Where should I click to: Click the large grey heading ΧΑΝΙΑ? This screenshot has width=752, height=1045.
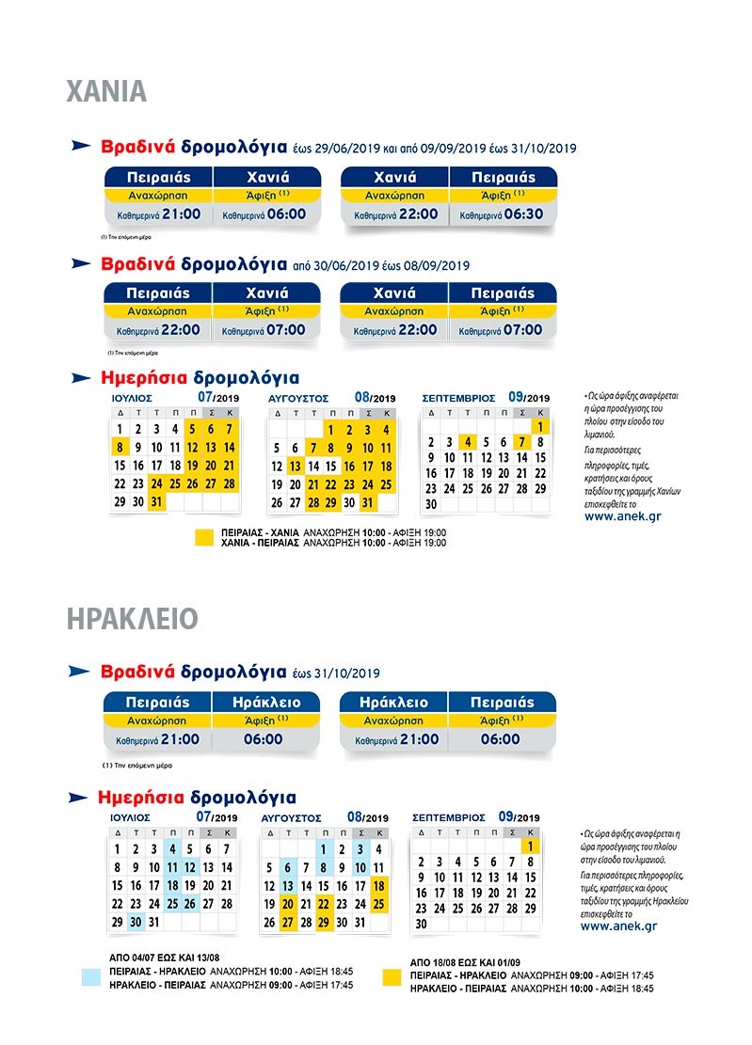106,91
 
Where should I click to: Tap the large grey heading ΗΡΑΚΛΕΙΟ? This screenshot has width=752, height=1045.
133,619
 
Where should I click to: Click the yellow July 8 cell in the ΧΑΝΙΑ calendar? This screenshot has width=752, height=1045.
120,447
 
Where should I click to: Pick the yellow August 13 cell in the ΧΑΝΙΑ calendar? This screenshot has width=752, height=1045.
295,466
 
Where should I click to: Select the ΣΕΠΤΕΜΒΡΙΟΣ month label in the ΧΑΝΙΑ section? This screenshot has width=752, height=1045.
458,399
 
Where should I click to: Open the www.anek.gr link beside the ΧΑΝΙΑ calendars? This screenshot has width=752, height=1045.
620,515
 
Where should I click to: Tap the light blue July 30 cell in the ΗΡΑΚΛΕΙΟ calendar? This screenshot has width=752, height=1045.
136,923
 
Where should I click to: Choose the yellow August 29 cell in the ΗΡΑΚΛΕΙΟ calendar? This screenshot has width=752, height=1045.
324,923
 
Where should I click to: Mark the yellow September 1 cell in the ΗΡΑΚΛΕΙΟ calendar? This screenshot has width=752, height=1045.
530,846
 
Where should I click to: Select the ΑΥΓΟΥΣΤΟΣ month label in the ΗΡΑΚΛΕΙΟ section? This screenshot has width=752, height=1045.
291,818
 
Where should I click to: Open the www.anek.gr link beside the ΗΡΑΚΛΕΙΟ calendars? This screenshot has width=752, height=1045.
618,926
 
